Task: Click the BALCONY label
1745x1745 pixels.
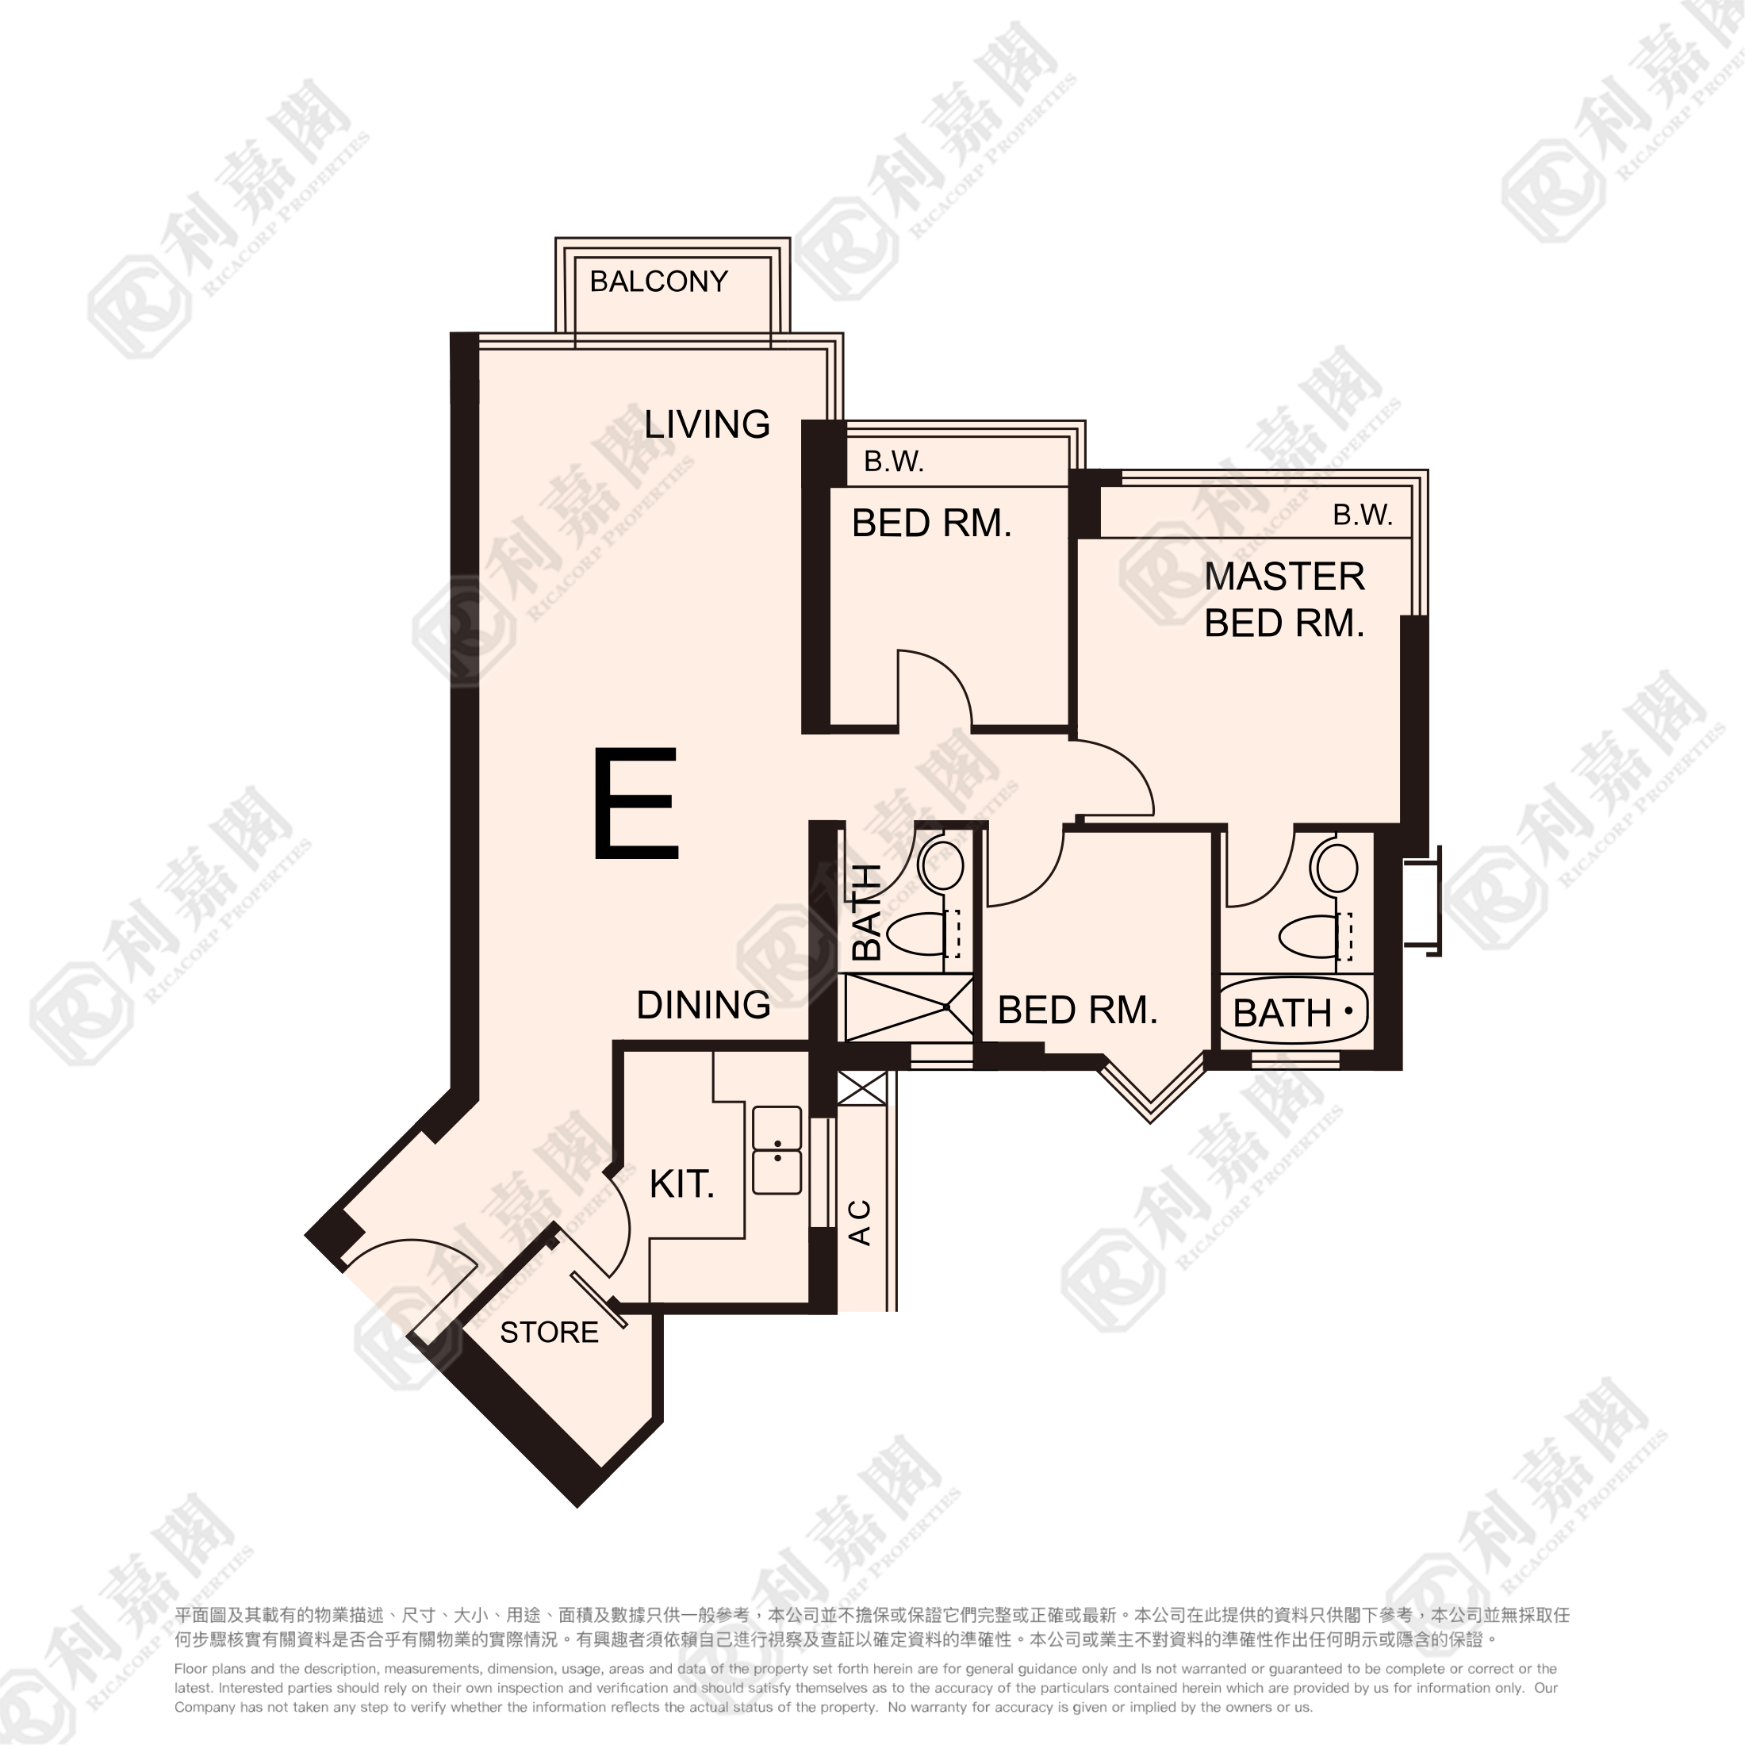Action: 658,282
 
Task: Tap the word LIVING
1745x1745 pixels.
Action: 708,424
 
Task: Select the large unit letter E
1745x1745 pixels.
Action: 636,802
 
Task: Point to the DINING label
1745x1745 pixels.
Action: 704,1004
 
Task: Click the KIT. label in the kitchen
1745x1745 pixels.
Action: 682,1183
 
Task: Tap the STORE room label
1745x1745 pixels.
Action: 549,1333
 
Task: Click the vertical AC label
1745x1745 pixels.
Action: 861,1223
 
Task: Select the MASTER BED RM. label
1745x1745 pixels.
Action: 1284,600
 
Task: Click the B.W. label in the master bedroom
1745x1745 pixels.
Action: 1363,515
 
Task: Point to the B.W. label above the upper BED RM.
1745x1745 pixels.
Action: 894,462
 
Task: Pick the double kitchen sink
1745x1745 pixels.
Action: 777,1150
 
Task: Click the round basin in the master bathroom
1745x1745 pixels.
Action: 1337,868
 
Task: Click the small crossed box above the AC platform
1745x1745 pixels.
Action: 862,1087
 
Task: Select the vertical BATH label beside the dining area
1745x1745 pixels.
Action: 867,911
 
